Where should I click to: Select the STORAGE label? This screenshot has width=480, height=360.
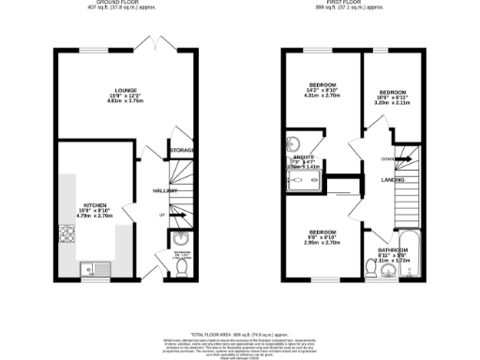[182, 150]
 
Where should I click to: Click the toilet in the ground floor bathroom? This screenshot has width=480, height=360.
[182, 270]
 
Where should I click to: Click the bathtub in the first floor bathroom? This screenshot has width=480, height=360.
[411, 266]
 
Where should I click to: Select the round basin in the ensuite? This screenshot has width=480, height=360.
[292, 144]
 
